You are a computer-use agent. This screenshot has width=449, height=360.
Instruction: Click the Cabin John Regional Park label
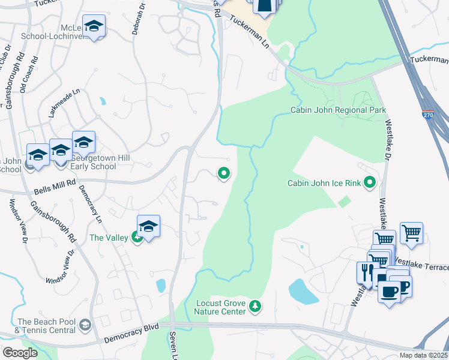(x=338, y=110)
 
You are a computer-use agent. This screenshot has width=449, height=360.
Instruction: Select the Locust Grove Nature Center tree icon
(x=256, y=307)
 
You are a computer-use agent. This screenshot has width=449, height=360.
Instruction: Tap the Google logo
(x=20, y=352)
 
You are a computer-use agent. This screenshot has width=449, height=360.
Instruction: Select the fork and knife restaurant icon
(x=365, y=272)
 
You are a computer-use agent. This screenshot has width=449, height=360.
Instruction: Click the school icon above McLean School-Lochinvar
(x=94, y=26)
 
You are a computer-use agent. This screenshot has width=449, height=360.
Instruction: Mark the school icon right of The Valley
(x=148, y=226)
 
